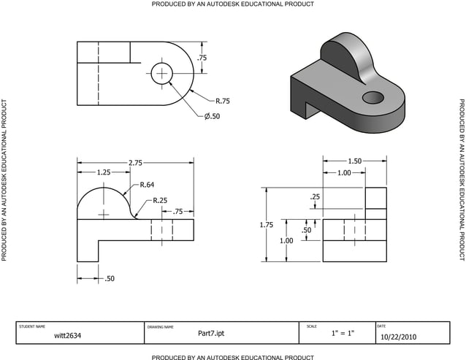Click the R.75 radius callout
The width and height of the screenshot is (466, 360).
[x=223, y=101]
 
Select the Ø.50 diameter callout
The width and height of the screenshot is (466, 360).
[x=212, y=116]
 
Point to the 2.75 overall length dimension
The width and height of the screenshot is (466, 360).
[x=135, y=162]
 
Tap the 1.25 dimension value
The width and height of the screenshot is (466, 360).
[x=104, y=172]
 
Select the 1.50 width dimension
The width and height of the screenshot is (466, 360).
[x=354, y=161]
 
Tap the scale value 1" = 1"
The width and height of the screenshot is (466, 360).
[x=342, y=334]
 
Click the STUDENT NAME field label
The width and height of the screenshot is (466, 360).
[x=32, y=326]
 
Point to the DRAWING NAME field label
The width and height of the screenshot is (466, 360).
[x=161, y=326]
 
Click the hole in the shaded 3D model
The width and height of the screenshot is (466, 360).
[x=373, y=96]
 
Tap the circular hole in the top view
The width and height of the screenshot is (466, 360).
[x=161, y=72]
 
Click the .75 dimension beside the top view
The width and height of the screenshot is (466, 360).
[x=202, y=58]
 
